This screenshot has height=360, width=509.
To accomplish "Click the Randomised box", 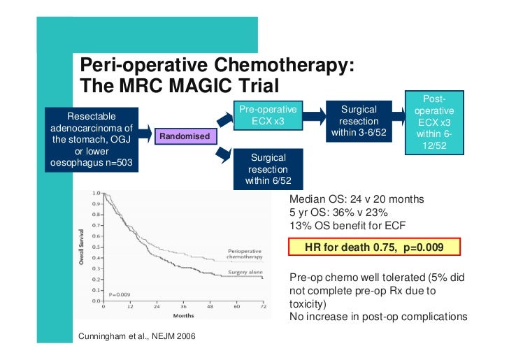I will (185, 136).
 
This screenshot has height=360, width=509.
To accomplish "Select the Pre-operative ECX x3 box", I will (268, 116).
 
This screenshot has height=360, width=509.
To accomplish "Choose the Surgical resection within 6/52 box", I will (268, 169).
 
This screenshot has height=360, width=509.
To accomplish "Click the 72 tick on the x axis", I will (262, 306).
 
